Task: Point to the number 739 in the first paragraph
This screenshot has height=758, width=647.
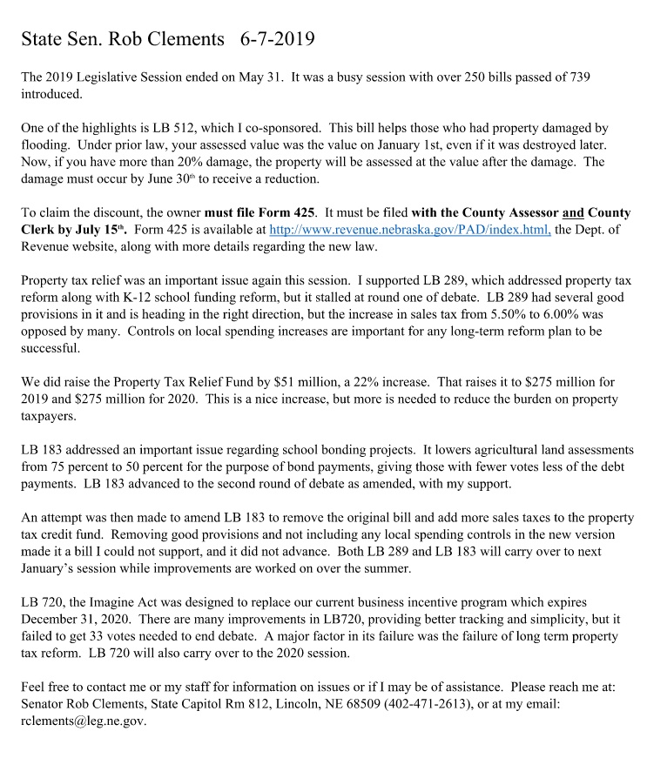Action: (578, 77)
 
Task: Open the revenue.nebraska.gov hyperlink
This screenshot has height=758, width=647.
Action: (410, 231)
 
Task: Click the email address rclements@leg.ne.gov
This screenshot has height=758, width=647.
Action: (84, 721)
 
